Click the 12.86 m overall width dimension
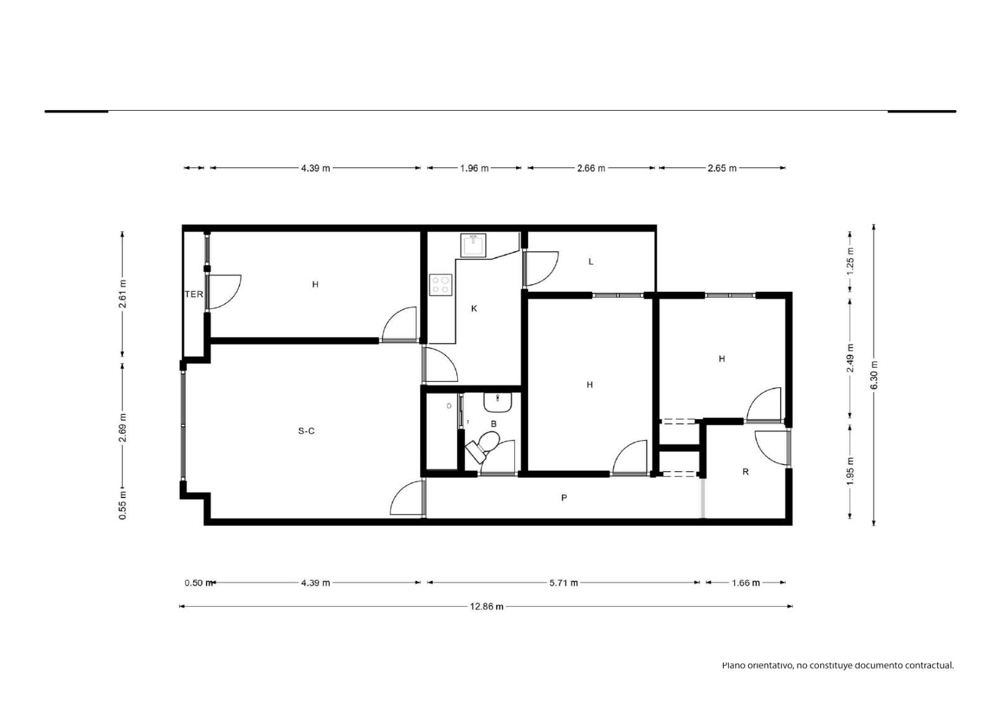point(486,607)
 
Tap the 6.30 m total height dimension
point(874,375)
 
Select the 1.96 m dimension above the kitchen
point(474,168)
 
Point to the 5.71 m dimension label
point(563,583)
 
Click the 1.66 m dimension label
point(746,583)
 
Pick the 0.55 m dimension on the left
point(123,505)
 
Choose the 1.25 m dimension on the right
point(849,267)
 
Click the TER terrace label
point(194,294)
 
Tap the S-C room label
point(306,431)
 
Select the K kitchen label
point(474,308)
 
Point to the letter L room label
point(591,261)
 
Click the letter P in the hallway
point(563,497)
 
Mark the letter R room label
point(746,472)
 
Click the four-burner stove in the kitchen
point(441,284)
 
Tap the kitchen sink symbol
point(473,245)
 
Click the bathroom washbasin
point(497,402)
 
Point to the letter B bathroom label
point(494,424)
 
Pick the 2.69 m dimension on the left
point(123,428)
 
